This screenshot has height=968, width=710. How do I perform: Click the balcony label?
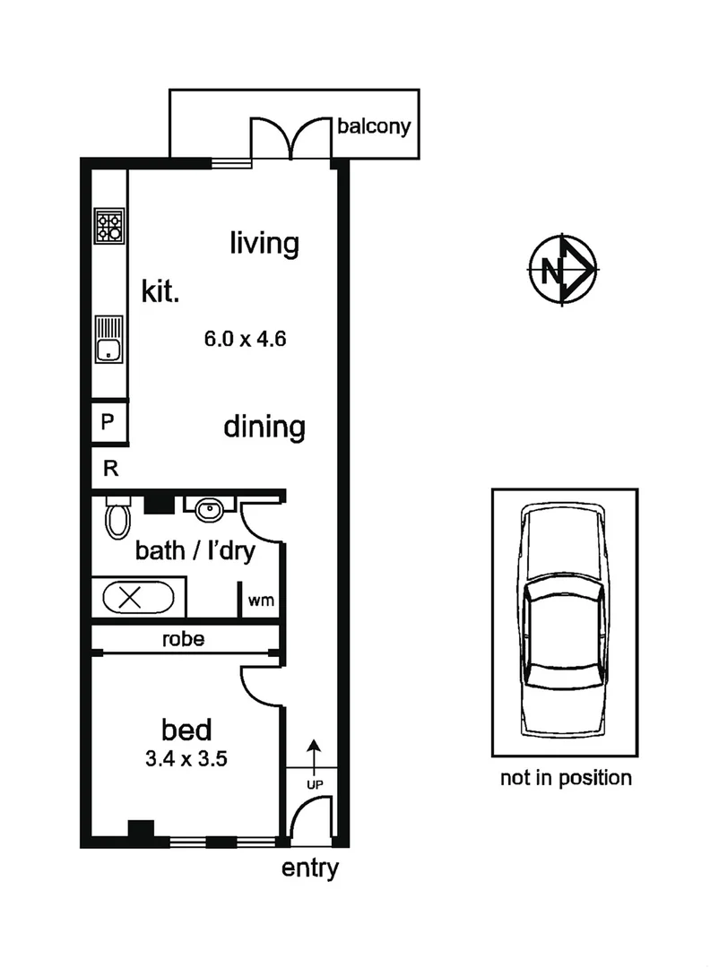[x=373, y=125]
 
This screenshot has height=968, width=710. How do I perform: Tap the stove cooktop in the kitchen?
[x=109, y=226]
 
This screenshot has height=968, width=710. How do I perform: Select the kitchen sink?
[x=109, y=339]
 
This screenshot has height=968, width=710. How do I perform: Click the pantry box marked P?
[x=108, y=422]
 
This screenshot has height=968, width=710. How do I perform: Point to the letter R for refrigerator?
[x=109, y=468]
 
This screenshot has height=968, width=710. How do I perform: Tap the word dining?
[x=264, y=427]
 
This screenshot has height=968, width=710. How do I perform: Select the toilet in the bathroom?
[x=117, y=518]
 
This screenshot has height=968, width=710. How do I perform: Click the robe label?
[x=183, y=639]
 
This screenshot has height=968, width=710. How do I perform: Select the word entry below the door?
[x=310, y=868]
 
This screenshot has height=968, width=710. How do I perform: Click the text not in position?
[x=565, y=777]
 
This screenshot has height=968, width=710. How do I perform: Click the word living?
[x=264, y=243]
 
